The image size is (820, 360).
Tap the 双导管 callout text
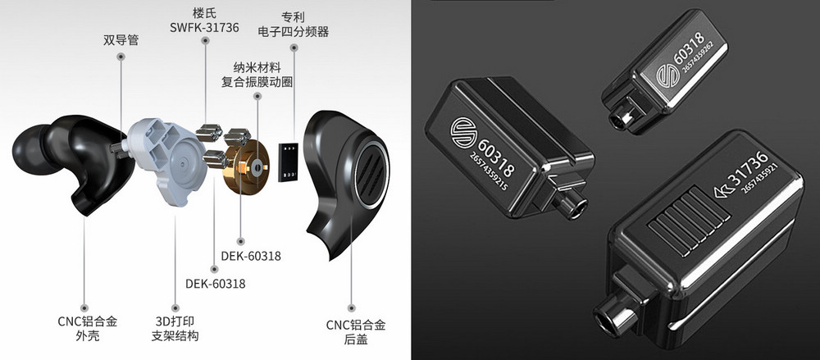coord(121,38)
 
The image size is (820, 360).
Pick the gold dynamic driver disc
coord(253,166)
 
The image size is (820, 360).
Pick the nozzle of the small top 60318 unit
coord(624,119)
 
